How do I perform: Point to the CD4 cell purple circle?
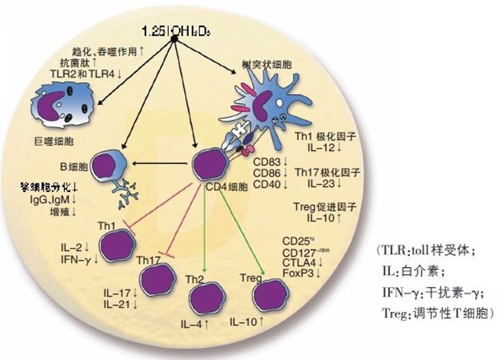point(208,166)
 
